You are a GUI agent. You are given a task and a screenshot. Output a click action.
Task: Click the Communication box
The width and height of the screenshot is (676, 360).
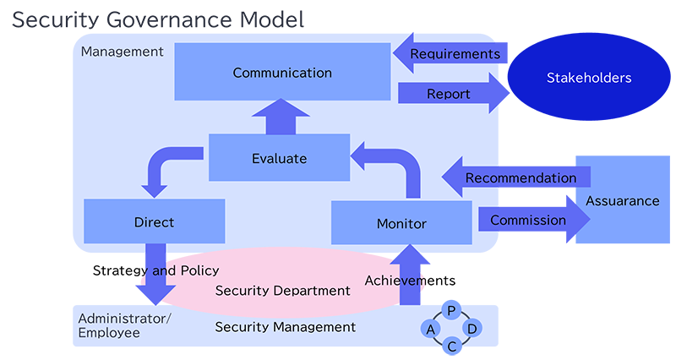point(281,73)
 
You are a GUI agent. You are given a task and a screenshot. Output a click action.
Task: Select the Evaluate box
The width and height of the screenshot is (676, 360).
point(279,158)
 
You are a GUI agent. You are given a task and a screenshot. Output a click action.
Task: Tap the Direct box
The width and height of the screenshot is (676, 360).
point(154,222)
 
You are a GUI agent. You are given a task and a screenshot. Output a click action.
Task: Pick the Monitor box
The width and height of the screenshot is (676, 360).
point(401,224)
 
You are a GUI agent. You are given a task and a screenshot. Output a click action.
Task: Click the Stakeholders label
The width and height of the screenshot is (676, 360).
point(589,78)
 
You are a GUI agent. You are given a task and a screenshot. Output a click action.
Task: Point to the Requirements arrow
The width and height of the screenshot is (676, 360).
point(448,54)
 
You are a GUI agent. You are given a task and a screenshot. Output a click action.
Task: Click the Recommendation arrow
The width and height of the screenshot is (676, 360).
point(515,178)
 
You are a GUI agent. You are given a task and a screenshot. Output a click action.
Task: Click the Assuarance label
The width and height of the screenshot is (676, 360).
point(622,201)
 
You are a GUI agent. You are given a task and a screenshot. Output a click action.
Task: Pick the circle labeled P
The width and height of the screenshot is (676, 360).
point(451,310)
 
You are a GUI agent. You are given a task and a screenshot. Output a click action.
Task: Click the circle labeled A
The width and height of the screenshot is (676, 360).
point(431,328)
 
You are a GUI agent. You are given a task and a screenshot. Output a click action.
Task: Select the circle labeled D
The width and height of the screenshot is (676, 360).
point(472,328)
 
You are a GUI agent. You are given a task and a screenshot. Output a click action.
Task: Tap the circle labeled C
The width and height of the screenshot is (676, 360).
point(452,345)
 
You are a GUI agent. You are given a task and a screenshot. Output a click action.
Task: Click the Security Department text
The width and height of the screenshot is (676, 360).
point(282,291)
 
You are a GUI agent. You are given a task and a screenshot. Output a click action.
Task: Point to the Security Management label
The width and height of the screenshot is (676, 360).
point(285,327)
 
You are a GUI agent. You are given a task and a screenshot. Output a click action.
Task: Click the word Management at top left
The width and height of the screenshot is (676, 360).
point(122,52)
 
